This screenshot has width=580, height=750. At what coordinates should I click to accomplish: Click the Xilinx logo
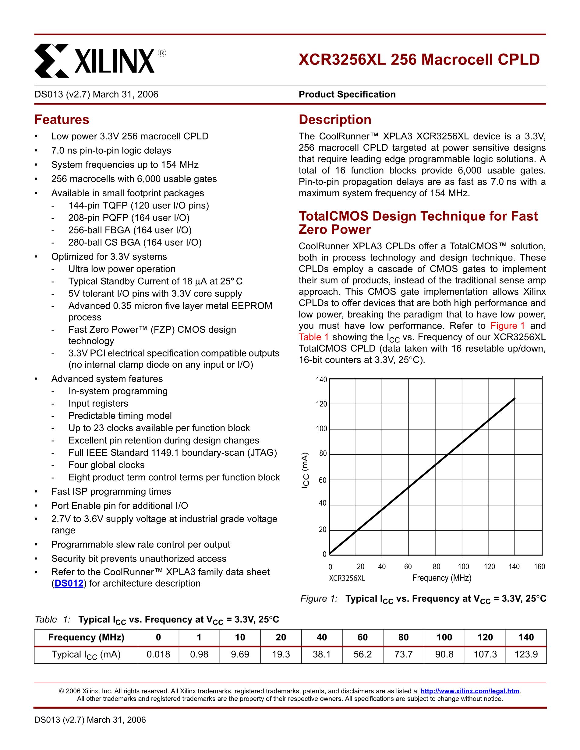click(x=100, y=61)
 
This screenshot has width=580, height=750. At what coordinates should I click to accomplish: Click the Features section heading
click(x=62, y=120)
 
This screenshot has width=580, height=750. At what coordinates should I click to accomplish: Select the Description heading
click(x=335, y=120)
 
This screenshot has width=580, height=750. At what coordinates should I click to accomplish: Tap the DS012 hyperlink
click(x=69, y=584)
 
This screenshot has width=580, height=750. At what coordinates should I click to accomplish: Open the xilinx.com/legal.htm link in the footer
click(x=470, y=691)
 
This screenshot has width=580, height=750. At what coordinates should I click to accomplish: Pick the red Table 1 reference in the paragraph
click(x=313, y=337)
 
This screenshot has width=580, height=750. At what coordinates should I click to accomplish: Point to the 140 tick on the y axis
click(x=322, y=380)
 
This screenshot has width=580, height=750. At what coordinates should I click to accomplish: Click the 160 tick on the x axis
click(x=539, y=567)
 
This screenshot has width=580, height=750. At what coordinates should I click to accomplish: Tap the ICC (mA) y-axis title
click(x=305, y=471)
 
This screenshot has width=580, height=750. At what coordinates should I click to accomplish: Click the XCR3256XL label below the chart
click(x=347, y=578)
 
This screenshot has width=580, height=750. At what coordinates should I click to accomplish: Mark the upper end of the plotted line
click(x=515, y=398)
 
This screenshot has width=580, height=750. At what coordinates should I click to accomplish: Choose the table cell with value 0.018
click(x=158, y=654)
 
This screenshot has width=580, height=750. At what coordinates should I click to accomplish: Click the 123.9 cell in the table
click(x=526, y=654)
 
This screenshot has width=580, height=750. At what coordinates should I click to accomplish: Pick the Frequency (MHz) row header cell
click(x=86, y=637)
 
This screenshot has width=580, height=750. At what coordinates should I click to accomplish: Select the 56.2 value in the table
click(x=362, y=654)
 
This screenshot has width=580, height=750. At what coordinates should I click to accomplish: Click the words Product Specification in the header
click(x=347, y=94)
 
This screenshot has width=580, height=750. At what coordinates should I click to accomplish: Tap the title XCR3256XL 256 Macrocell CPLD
click(x=419, y=59)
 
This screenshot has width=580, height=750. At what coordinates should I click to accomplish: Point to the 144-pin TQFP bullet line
click(x=139, y=205)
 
